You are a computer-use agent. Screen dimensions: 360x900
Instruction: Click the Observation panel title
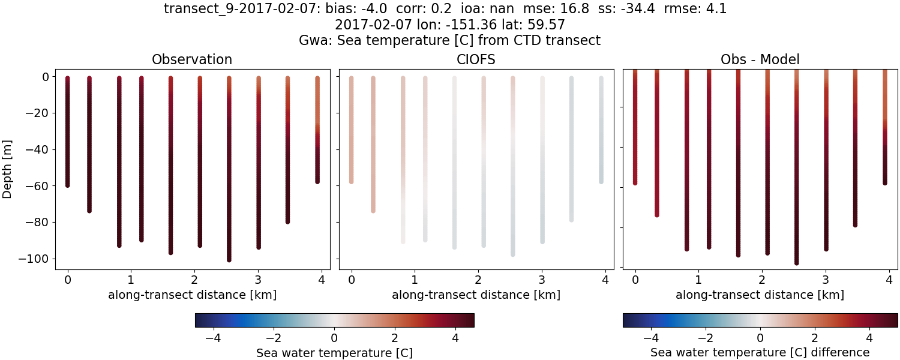pos(192,59)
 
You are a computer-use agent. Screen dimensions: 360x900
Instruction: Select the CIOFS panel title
pos(476,59)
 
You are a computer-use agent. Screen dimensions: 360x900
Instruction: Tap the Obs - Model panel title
pos(760,59)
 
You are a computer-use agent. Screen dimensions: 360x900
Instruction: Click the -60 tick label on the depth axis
pos(40,186)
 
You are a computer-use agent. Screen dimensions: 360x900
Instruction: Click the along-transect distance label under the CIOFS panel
pos(476,295)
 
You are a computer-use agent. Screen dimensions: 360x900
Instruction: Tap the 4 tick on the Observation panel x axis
pos(322,279)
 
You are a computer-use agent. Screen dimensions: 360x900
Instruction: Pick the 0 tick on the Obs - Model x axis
pos(635,279)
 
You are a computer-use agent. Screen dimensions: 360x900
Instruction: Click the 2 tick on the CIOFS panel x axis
pos(478,279)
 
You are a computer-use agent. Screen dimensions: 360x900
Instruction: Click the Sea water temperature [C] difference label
pos(760,352)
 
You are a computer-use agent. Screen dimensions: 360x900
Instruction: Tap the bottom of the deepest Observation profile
pos(229,259)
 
